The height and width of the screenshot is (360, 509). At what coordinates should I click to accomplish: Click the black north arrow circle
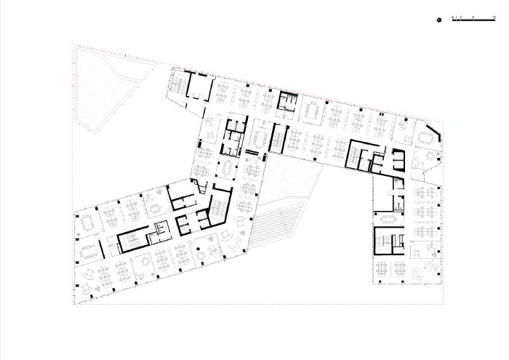point(440,20)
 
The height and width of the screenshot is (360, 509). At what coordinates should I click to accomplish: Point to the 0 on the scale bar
point(452,15)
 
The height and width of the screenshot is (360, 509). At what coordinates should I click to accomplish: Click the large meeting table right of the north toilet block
point(314,109)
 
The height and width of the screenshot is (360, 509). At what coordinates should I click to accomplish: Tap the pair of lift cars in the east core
point(397,159)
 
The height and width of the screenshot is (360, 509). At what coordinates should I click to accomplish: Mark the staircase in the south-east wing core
point(382,242)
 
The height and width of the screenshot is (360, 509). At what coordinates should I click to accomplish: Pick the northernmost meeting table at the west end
point(89,220)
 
